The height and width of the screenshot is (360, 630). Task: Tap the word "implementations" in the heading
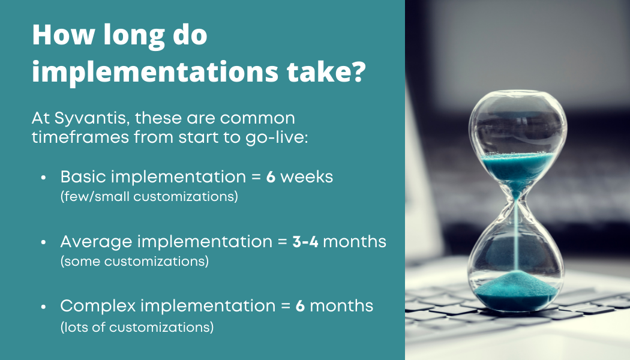point(149,73)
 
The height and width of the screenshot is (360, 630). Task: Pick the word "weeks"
point(307,178)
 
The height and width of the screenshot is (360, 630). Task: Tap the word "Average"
point(96,242)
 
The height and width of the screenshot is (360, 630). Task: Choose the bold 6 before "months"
point(301,306)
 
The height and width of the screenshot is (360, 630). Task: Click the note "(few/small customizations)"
point(149,196)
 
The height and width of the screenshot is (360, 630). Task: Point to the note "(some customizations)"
point(134,261)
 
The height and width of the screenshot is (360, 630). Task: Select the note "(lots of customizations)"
point(137,327)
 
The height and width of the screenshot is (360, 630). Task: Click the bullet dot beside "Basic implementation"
point(43,179)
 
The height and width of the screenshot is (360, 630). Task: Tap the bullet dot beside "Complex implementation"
point(43,307)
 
